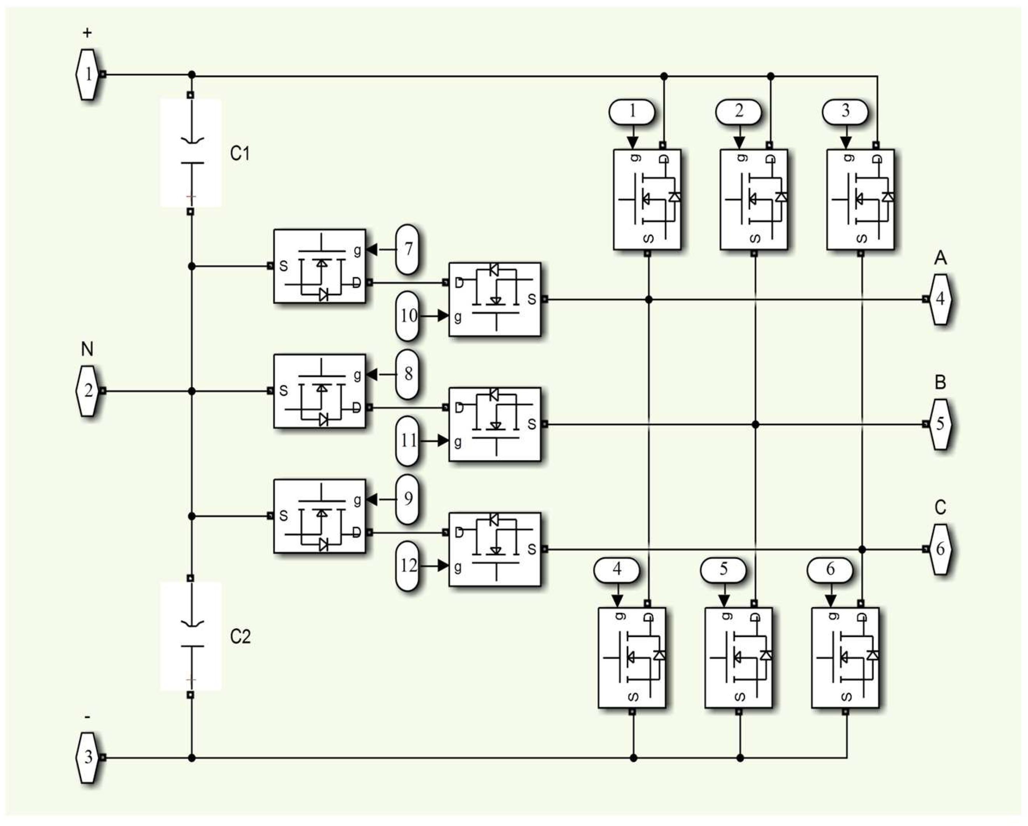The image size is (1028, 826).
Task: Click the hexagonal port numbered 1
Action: pos(88,74)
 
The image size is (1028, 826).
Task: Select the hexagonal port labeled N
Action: pos(88,391)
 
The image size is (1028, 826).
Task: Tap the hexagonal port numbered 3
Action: pos(88,757)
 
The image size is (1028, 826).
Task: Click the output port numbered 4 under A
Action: pos(940,299)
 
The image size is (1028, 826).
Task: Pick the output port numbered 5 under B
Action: pos(940,424)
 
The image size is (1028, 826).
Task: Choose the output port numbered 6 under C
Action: pos(940,549)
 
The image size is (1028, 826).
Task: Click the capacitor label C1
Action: pos(240,153)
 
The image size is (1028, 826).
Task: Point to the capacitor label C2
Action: pos(240,636)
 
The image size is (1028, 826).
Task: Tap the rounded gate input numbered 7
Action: pos(408,249)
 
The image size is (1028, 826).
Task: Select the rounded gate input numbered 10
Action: pos(408,316)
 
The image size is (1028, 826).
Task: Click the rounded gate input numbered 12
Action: pos(408,566)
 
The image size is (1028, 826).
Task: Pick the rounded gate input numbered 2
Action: pos(739,111)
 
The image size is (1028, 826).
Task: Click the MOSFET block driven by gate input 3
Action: pos(860,199)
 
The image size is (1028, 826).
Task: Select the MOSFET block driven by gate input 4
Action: pos(632,658)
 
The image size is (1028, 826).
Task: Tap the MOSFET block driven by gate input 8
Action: pos(319,391)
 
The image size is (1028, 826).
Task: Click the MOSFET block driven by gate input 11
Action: pos(495,424)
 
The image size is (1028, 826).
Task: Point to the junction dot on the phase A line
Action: pos(648,299)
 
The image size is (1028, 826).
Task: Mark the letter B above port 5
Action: pos(940,382)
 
